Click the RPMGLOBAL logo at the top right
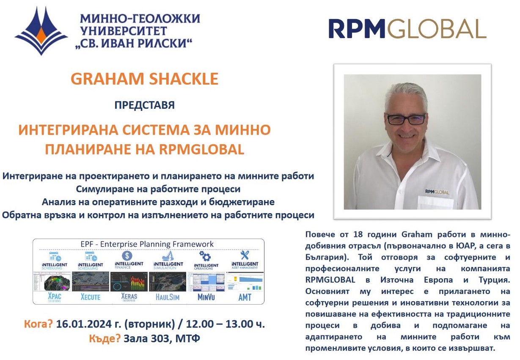tap(407, 29)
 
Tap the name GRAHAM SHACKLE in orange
tap(145, 79)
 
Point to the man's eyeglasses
tap(406, 119)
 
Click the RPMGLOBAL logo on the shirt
tap(437, 192)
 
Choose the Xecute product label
tap(91, 297)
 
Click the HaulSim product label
tap(167, 297)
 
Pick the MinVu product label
tap(206, 297)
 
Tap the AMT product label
tap(245, 297)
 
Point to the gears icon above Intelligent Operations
tap(205, 256)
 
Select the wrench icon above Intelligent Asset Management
tap(245, 255)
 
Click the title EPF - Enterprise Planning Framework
tap(147, 244)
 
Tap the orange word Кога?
tap(39, 324)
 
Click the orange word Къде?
tap(105, 339)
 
